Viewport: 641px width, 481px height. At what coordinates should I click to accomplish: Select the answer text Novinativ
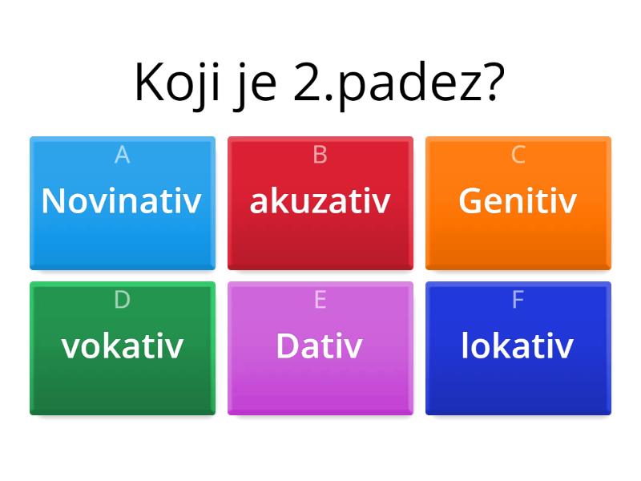121,200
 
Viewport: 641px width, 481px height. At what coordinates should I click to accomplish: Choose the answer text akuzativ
320,200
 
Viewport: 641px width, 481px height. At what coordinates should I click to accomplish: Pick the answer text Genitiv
518,200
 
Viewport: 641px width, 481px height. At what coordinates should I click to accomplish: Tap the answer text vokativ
123,346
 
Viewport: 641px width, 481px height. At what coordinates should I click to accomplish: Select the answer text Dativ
319,346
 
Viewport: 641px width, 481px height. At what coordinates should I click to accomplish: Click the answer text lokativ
518,346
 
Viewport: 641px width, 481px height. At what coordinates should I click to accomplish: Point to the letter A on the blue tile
122,155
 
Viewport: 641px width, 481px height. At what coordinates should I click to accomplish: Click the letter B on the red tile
320,155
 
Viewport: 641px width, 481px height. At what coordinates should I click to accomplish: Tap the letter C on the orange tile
518,155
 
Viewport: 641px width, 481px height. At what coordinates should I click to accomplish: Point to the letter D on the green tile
122,300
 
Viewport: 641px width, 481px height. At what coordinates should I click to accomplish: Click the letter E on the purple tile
320,300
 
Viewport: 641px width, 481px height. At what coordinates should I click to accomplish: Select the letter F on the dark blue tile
518,300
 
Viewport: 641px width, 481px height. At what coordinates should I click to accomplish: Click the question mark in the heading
493,82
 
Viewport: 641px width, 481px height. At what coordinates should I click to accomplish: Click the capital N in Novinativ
54,200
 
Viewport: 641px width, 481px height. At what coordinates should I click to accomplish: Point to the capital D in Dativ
288,346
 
